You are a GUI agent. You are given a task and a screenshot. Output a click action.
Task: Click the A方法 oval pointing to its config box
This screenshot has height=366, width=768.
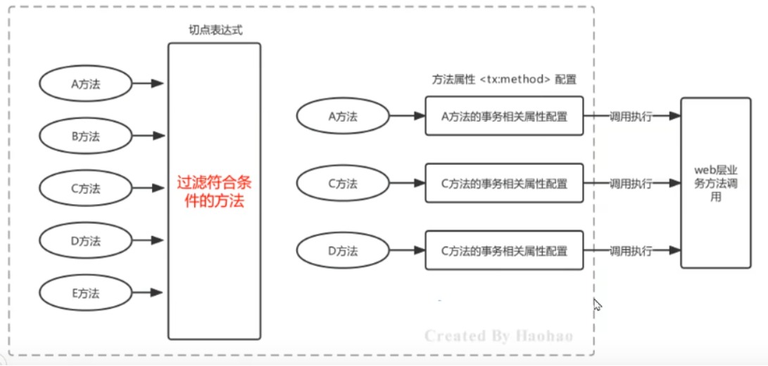point(343,116)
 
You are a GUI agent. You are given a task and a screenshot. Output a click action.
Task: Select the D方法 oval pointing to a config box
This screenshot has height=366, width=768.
point(343,251)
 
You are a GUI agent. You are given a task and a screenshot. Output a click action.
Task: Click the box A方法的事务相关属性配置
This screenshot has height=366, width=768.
point(504,116)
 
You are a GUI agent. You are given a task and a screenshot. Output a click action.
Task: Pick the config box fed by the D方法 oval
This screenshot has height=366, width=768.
point(504,251)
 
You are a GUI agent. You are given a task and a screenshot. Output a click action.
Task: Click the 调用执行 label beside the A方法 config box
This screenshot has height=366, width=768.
point(631,116)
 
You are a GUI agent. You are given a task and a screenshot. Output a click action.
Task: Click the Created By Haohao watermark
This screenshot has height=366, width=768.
point(498,336)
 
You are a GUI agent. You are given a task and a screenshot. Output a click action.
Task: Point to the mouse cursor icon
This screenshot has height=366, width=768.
point(597,305)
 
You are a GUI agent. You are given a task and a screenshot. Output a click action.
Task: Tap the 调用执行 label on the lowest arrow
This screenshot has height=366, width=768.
point(631,251)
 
